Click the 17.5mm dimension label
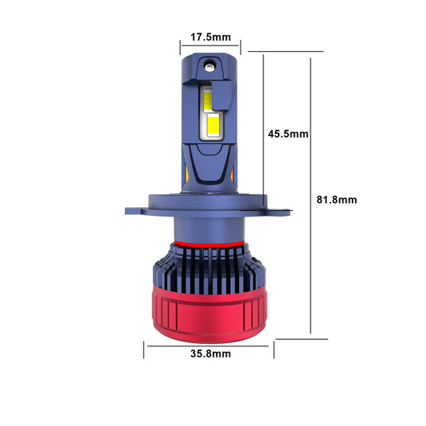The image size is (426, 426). pyautogui.click(x=210, y=37)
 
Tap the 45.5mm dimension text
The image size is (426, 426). pyautogui.click(x=288, y=134)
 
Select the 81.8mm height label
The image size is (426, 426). pyautogui.click(x=337, y=200)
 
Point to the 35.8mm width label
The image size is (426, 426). pyautogui.click(x=210, y=354)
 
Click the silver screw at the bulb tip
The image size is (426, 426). pyautogui.click(x=209, y=67)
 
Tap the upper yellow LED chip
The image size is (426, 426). pyautogui.click(x=207, y=100)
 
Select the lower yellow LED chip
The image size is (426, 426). pyautogui.click(x=213, y=125)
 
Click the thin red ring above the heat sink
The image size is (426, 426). pyautogui.click(x=209, y=244)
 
